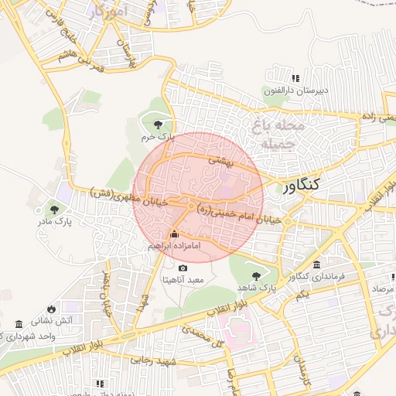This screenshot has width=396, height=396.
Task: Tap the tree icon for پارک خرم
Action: pos(159,124)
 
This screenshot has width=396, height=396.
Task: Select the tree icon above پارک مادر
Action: pos(53,209)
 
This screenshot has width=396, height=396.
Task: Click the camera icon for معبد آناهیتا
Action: pos(183,268)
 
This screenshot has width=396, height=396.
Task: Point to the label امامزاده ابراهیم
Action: pos(174,245)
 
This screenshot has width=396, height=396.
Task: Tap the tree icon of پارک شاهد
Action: pos(256,275)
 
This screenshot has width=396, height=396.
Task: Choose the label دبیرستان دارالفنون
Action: pos(296,90)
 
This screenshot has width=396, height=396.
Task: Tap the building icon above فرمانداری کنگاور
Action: pos(316,265)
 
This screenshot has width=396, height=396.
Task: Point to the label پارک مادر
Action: pos(53,221)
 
